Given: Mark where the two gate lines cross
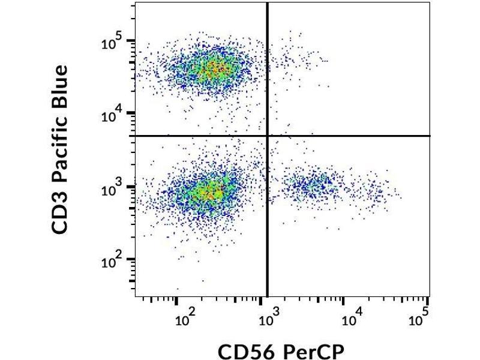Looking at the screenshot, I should tap(267, 136).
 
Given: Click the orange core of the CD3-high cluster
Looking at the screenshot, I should tap(213, 68).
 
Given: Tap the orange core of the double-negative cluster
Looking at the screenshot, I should tap(210, 193).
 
